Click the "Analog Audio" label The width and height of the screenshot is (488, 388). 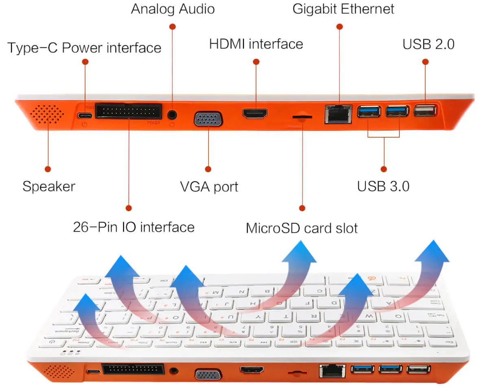172,9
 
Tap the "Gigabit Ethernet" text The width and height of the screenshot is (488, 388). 343,9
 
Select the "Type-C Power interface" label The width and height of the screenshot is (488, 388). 85,48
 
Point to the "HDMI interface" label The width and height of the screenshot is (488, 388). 256,44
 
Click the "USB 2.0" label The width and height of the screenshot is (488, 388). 428,44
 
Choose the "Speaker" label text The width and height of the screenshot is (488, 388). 49,186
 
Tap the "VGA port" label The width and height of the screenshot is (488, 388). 209,186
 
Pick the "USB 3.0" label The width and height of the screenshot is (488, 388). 383,186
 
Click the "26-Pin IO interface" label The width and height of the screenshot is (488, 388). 133,226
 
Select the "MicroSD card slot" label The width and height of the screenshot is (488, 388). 302,228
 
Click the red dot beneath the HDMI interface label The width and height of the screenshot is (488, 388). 256,62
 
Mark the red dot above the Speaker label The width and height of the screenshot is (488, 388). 48,169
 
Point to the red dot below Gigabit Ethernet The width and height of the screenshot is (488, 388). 340,26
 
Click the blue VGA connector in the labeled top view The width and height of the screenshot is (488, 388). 208,119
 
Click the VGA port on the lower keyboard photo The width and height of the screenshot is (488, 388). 208,374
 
